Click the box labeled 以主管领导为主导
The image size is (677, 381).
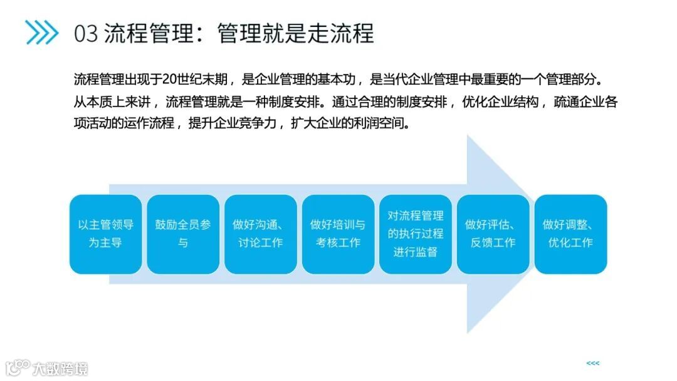coord(105,234)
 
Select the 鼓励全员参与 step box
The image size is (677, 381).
coord(182,234)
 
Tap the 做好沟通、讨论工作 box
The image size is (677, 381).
coord(260,234)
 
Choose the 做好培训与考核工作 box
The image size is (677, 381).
coord(338,234)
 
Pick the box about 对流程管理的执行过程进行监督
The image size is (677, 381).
coord(415,234)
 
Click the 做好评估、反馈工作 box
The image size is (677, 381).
coord(493,234)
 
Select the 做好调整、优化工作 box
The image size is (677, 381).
coord(570,234)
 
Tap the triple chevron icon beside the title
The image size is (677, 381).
coord(41,32)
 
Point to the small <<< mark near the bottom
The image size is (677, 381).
coord(592,363)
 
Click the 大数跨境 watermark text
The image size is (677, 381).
coord(61,368)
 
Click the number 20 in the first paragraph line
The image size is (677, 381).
coord(169,80)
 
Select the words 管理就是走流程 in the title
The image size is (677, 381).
coord(295,33)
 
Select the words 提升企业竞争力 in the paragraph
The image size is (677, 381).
coord(233,123)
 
